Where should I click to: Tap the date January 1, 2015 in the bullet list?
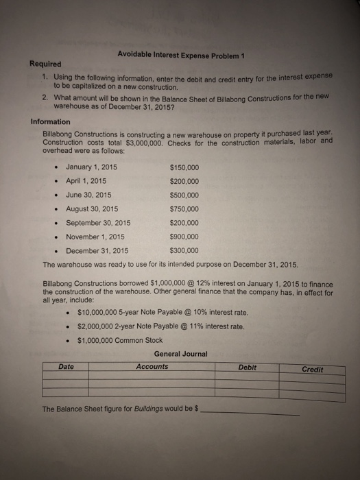[93, 167]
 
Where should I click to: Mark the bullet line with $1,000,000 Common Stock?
[120, 339]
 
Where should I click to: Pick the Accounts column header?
[152, 367]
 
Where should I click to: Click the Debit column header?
[248, 368]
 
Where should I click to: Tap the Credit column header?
[313, 369]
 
